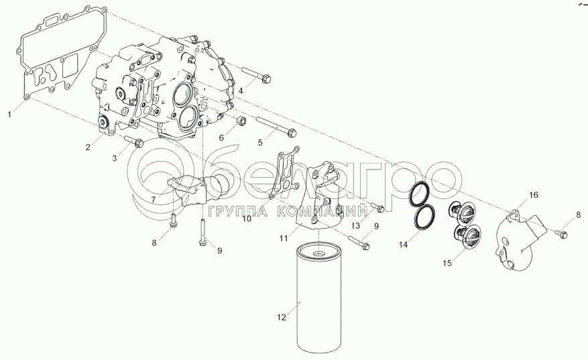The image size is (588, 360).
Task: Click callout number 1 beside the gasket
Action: point(10,115)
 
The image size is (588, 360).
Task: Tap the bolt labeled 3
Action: point(134,141)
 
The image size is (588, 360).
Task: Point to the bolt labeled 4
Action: point(255,76)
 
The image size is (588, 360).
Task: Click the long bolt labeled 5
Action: point(275,127)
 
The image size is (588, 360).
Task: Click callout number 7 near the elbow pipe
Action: point(153,199)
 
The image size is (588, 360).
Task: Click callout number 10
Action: point(247,219)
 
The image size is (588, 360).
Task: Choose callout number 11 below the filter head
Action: point(284,237)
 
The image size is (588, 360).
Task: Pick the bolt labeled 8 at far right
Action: point(562,233)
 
